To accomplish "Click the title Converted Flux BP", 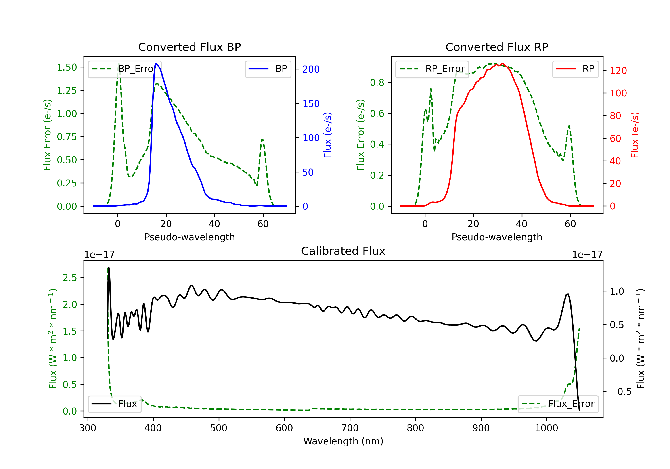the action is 189,47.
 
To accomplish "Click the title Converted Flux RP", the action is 497,47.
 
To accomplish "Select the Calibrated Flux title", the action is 343,251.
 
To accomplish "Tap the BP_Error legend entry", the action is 125,69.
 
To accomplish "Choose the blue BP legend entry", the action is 268,69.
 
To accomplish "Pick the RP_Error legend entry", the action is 432,69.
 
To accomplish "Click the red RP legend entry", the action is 575,69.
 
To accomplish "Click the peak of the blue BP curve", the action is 156,63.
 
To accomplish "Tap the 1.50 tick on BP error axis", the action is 67,67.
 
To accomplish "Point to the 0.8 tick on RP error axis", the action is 377,83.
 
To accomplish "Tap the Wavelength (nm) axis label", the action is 343,441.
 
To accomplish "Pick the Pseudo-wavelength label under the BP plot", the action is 190,237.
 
